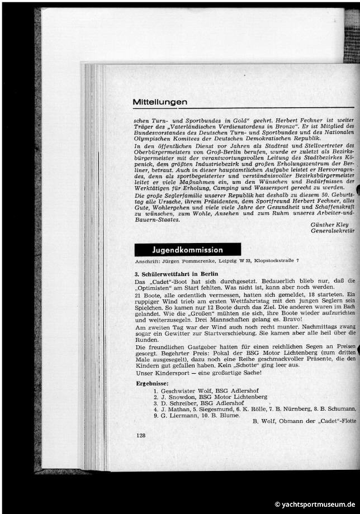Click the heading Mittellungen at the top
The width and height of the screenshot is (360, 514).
pyautogui.click(x=160, y=102)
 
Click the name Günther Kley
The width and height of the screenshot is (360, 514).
pyautogui.click(x=333, y=225)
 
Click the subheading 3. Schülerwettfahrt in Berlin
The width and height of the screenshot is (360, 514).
pyautogui.click(x=176, y=274)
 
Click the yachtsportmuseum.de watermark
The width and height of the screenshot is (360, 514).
pyautogui.click(x=314, y=503)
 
